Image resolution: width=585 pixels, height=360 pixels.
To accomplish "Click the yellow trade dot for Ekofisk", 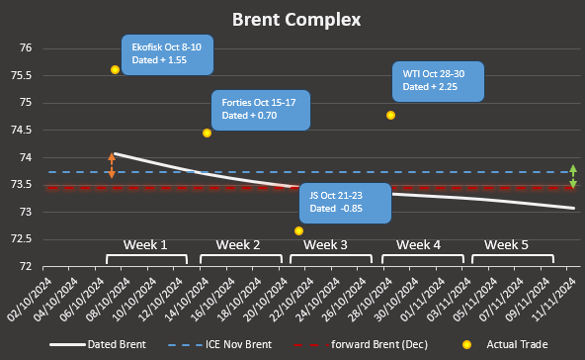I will pos(116,69).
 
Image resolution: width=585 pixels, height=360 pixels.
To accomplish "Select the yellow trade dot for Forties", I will pos(207,133).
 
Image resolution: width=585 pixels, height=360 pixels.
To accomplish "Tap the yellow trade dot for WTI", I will pos(390,115).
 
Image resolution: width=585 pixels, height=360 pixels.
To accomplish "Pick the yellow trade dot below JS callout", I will pos(298,230).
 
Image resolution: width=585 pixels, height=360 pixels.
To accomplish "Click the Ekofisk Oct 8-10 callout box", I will pos(165,54).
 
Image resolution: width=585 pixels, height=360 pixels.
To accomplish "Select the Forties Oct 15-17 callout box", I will pos(261,109).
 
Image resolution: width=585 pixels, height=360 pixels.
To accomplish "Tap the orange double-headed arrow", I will pos(112,165).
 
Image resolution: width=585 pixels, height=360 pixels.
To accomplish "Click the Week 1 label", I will pos(145,244).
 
